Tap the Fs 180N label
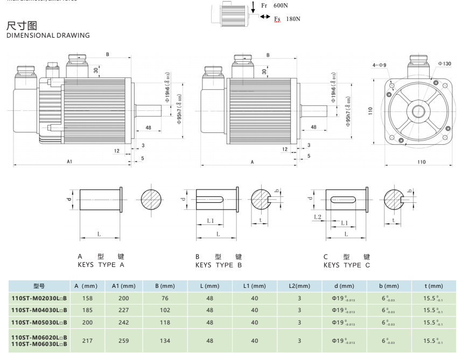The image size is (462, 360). pos(286,19)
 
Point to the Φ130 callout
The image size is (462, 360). pos(444,63)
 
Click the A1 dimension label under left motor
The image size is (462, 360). pos(69,161)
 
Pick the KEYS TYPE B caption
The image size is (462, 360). pos(218,265)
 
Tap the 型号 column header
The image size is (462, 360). pos(39,286)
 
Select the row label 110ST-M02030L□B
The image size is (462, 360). pos(39,298)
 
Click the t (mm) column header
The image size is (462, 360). pos(433,286)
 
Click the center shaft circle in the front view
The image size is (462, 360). pos(417,111)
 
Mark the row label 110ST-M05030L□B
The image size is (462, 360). pos(39,322)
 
